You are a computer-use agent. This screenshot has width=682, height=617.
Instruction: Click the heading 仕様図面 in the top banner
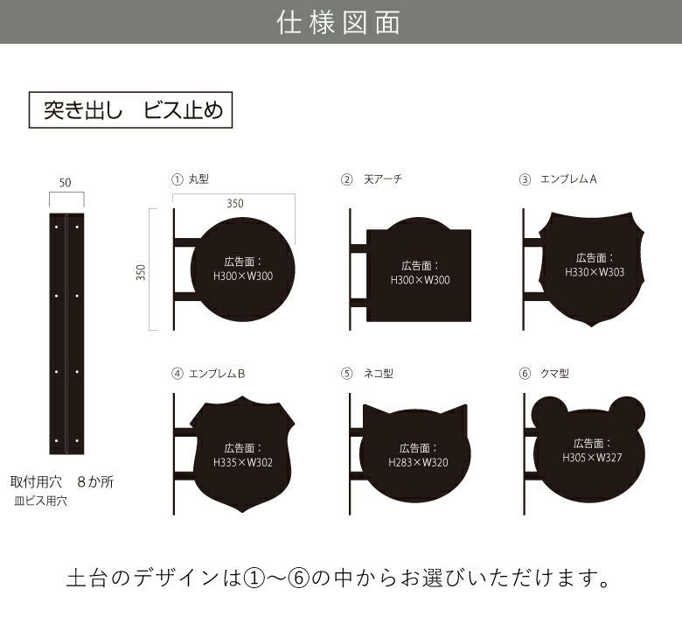pyautogui.click(x=339, y=22)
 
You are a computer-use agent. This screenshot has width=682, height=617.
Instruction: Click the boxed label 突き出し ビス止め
pyautogui.click(x=132, y=111)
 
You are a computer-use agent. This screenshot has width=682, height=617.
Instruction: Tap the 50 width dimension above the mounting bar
pyautogui.click(x=66, y=182)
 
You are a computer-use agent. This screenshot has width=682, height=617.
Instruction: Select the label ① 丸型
pyautogui.click(x=190, y=179)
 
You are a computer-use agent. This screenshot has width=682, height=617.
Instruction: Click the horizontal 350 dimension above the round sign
pyautogui.click(x=234, y=202)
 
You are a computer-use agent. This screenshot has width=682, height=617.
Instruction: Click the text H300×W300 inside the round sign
pyautogui.click(x=243, y=277)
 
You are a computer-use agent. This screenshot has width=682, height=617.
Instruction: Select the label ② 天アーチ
pyautogui.click(x=372, y=179)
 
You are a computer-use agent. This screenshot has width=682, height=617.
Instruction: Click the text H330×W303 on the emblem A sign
pyautogui.click(x=595, y=272)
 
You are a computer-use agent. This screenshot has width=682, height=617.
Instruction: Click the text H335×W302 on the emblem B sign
pyautogui.click(x=243, y=462)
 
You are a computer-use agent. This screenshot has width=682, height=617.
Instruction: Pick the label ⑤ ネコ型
pyautogui.click(x=367, y=373)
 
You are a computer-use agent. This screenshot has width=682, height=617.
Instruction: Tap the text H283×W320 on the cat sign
pyautogui.click(x=418, y=462)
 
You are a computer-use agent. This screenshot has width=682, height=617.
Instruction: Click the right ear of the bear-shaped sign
pyautogui.click(x=627, y=411)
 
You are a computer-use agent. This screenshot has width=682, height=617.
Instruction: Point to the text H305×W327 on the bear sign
pyautogui.click(x=592, y=458)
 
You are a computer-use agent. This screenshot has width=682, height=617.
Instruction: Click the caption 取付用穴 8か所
pyautogui.click(x=62, y=482)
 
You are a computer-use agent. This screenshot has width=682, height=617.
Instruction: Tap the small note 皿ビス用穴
pyautogui.click(x=41, y=501)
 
